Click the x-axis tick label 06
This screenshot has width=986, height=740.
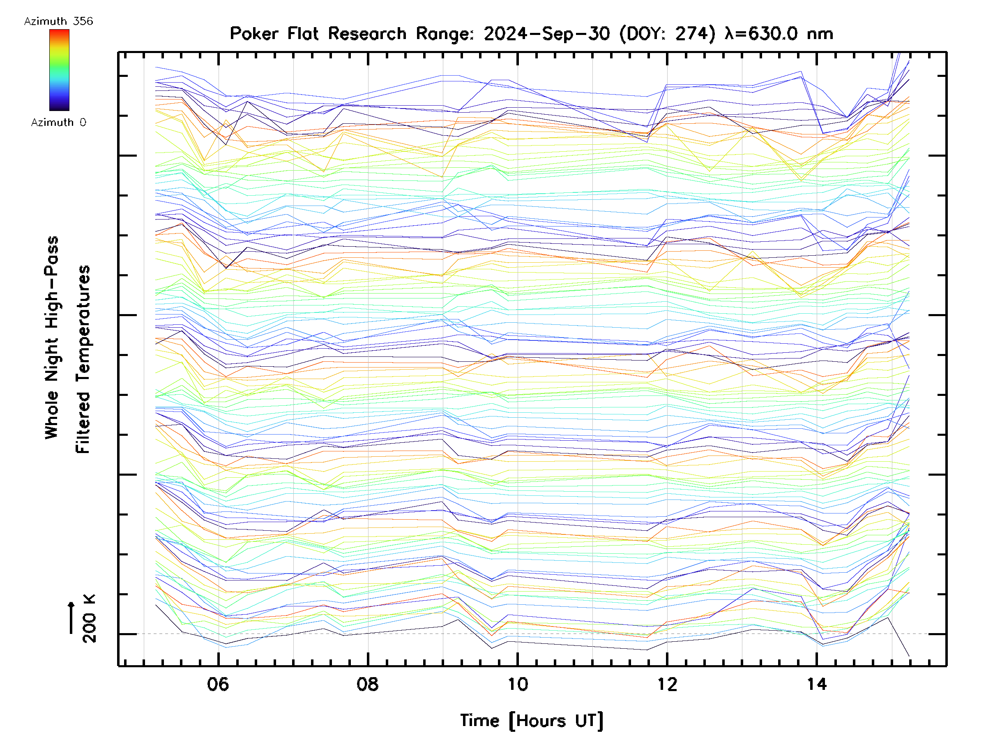coord(218,684)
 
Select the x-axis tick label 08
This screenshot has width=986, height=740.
coord(367,684)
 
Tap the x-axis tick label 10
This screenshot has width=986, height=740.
coord(518,684)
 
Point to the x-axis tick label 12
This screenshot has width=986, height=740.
coord(667,684)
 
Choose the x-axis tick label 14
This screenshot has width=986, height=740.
coord(817,684)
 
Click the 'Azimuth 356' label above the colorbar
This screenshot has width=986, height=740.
coord(58,21)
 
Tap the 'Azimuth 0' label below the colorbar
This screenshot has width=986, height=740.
coord(58,122)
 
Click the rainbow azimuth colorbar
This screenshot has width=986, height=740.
coord(59,70)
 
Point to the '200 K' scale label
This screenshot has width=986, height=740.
coord(89,619)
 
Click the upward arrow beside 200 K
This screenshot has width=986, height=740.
coord(71,617)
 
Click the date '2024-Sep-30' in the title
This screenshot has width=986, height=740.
coord(546,33)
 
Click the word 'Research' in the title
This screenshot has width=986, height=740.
coord(367,33)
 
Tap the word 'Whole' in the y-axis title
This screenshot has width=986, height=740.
coord(52,415)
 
